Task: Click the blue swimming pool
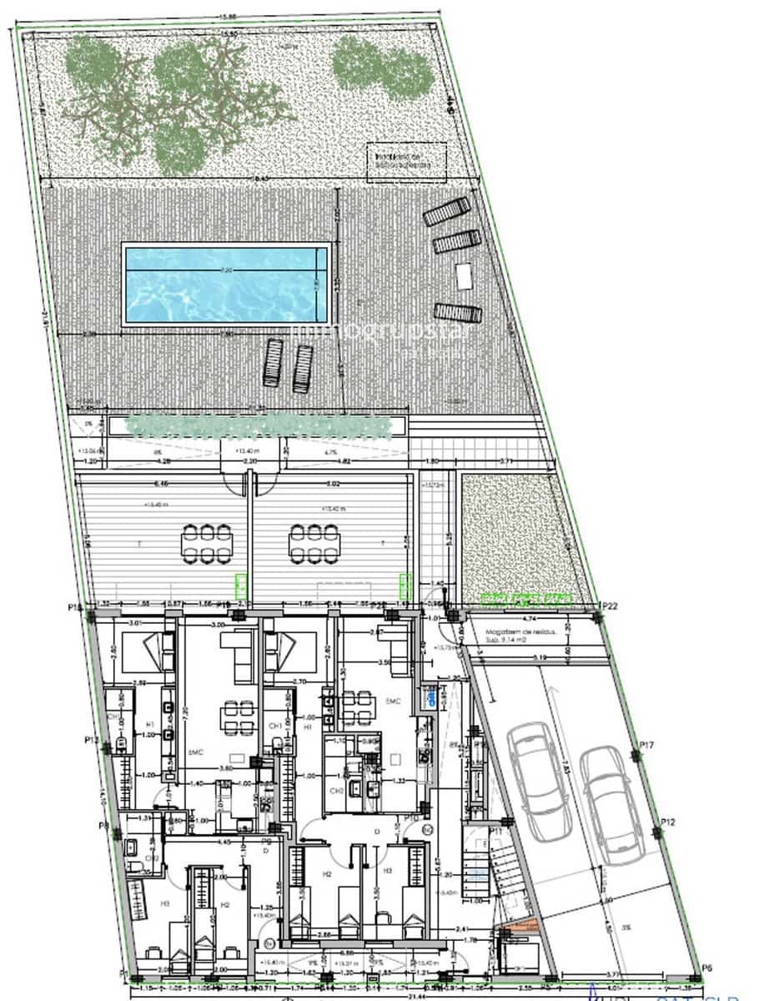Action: [226, 284]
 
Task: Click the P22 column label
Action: [611, 606]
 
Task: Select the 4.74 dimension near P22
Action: [529, 620]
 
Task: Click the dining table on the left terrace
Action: [207, 543]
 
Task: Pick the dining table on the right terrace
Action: [314, 543]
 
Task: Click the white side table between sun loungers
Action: [464, 274]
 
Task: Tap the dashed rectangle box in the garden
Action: [407, 162]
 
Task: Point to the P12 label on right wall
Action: [668, 823]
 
